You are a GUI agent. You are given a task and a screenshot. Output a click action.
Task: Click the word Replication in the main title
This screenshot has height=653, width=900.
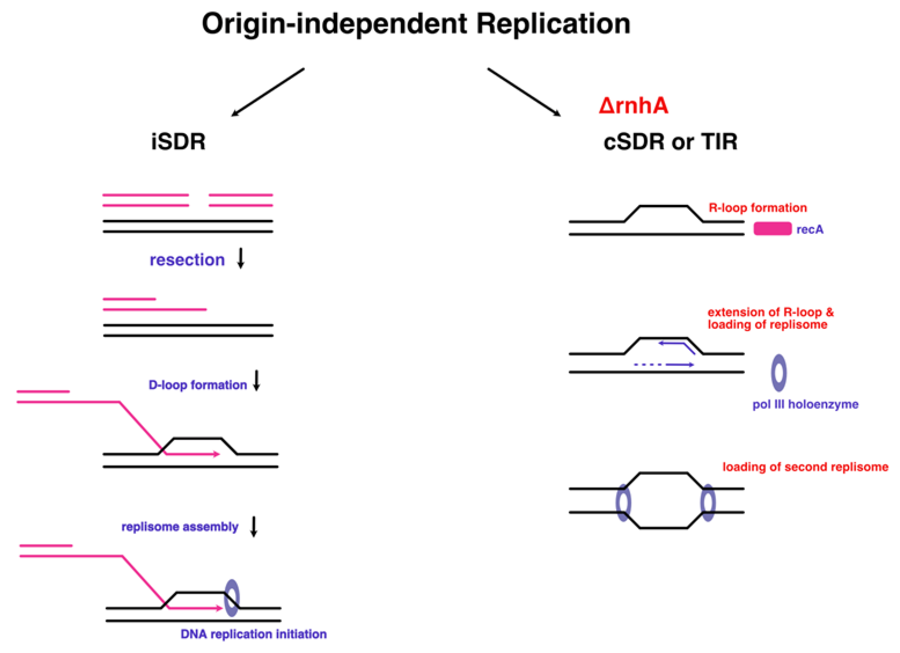[x=553, y=25]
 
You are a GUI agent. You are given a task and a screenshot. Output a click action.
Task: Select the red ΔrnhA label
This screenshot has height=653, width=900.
[x=633, y=106]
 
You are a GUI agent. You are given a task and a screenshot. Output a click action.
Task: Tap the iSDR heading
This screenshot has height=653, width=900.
[x=178, y=142]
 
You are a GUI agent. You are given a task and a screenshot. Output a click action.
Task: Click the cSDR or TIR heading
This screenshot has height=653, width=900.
[x=670, y=142]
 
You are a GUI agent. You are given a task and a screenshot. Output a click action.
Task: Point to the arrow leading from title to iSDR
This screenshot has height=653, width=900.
[x=268, y=92]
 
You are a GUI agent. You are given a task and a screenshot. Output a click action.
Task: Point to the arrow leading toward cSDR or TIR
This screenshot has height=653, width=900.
[x=524, y=92]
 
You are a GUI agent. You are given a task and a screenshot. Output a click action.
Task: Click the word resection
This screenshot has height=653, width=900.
[x=187, y=260]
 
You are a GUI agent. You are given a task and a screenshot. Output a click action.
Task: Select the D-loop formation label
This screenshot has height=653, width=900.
[x=198, y=385]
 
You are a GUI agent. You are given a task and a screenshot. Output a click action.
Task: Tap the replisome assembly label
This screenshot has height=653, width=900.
[x=180, y=527]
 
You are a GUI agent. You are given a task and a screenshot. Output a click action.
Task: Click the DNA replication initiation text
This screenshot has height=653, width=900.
[x=254, y=634]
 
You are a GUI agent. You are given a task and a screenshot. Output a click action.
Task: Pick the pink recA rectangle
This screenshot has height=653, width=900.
[x=772, y=229]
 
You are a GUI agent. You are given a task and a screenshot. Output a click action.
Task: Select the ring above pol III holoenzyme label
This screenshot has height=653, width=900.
[x=778, y=373]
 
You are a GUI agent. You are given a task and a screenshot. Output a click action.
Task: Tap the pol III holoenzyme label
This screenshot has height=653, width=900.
[x=805, y=404]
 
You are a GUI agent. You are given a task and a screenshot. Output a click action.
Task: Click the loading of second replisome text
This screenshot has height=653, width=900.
[x=805, y=467]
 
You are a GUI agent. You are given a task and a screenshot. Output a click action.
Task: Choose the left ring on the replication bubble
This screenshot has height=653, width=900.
[x=623, y=502]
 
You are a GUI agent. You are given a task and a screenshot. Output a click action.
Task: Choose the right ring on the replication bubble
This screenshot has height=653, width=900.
[x=708, y=502]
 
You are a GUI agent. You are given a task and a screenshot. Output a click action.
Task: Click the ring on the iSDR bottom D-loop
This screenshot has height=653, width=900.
[x=232, y=598]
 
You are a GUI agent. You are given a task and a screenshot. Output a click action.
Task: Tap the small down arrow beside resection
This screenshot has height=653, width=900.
[x=240, y=258]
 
